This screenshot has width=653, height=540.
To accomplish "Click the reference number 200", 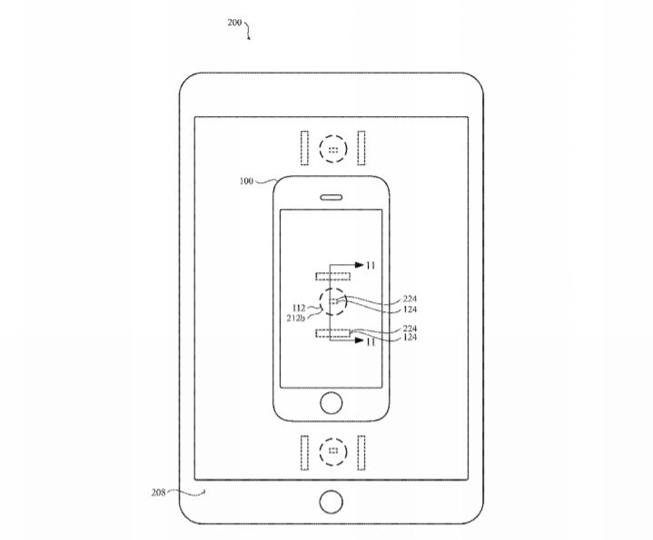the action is [234, 23].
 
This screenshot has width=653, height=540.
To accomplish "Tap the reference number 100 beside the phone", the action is [246, 181].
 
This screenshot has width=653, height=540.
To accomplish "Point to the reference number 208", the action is [158, 493].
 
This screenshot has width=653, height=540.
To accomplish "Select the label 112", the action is [299, 308].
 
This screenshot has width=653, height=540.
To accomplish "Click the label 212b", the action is [296, 319].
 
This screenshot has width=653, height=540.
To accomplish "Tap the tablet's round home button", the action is [331, 501].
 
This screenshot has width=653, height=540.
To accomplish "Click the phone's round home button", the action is [331, 403].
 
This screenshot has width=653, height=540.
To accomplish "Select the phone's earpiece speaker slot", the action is [331, 197].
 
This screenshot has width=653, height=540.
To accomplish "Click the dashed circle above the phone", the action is [333, 149].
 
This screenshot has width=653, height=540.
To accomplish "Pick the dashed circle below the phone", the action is [333, 451].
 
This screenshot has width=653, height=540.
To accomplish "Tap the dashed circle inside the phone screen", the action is [332, 301].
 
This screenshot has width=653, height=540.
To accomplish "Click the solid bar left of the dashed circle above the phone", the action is [305, 148].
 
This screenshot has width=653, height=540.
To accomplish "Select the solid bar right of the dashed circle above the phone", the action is [361, 148].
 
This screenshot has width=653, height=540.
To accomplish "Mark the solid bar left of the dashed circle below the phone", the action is [305, 453].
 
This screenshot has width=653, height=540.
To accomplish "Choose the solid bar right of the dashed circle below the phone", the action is [361, 453].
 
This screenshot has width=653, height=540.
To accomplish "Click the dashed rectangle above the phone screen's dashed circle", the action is [332, 276].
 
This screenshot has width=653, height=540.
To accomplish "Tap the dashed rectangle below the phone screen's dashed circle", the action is [332, 333].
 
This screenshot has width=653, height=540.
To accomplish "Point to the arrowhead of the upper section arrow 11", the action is [360, 265].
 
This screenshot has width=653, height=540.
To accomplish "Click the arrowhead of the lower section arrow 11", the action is [360, 340].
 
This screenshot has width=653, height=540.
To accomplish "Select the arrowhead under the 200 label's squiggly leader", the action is [249, 38].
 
